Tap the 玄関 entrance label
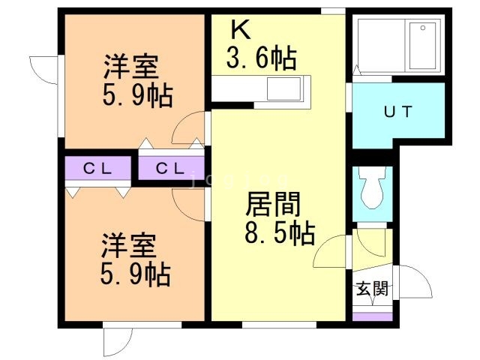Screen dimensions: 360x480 (x=372, y=289)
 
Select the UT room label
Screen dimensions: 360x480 (x=397, y=113)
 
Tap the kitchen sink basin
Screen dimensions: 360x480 (x=283, y=92)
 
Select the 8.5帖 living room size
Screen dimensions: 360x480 (x=279, y=234)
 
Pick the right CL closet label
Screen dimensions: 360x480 (x=170, y=169)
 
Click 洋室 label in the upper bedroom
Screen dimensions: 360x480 (x=130, y=67)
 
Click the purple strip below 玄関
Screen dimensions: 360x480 (x=373, y=316)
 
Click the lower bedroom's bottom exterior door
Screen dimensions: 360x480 (x=120, y=339)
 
